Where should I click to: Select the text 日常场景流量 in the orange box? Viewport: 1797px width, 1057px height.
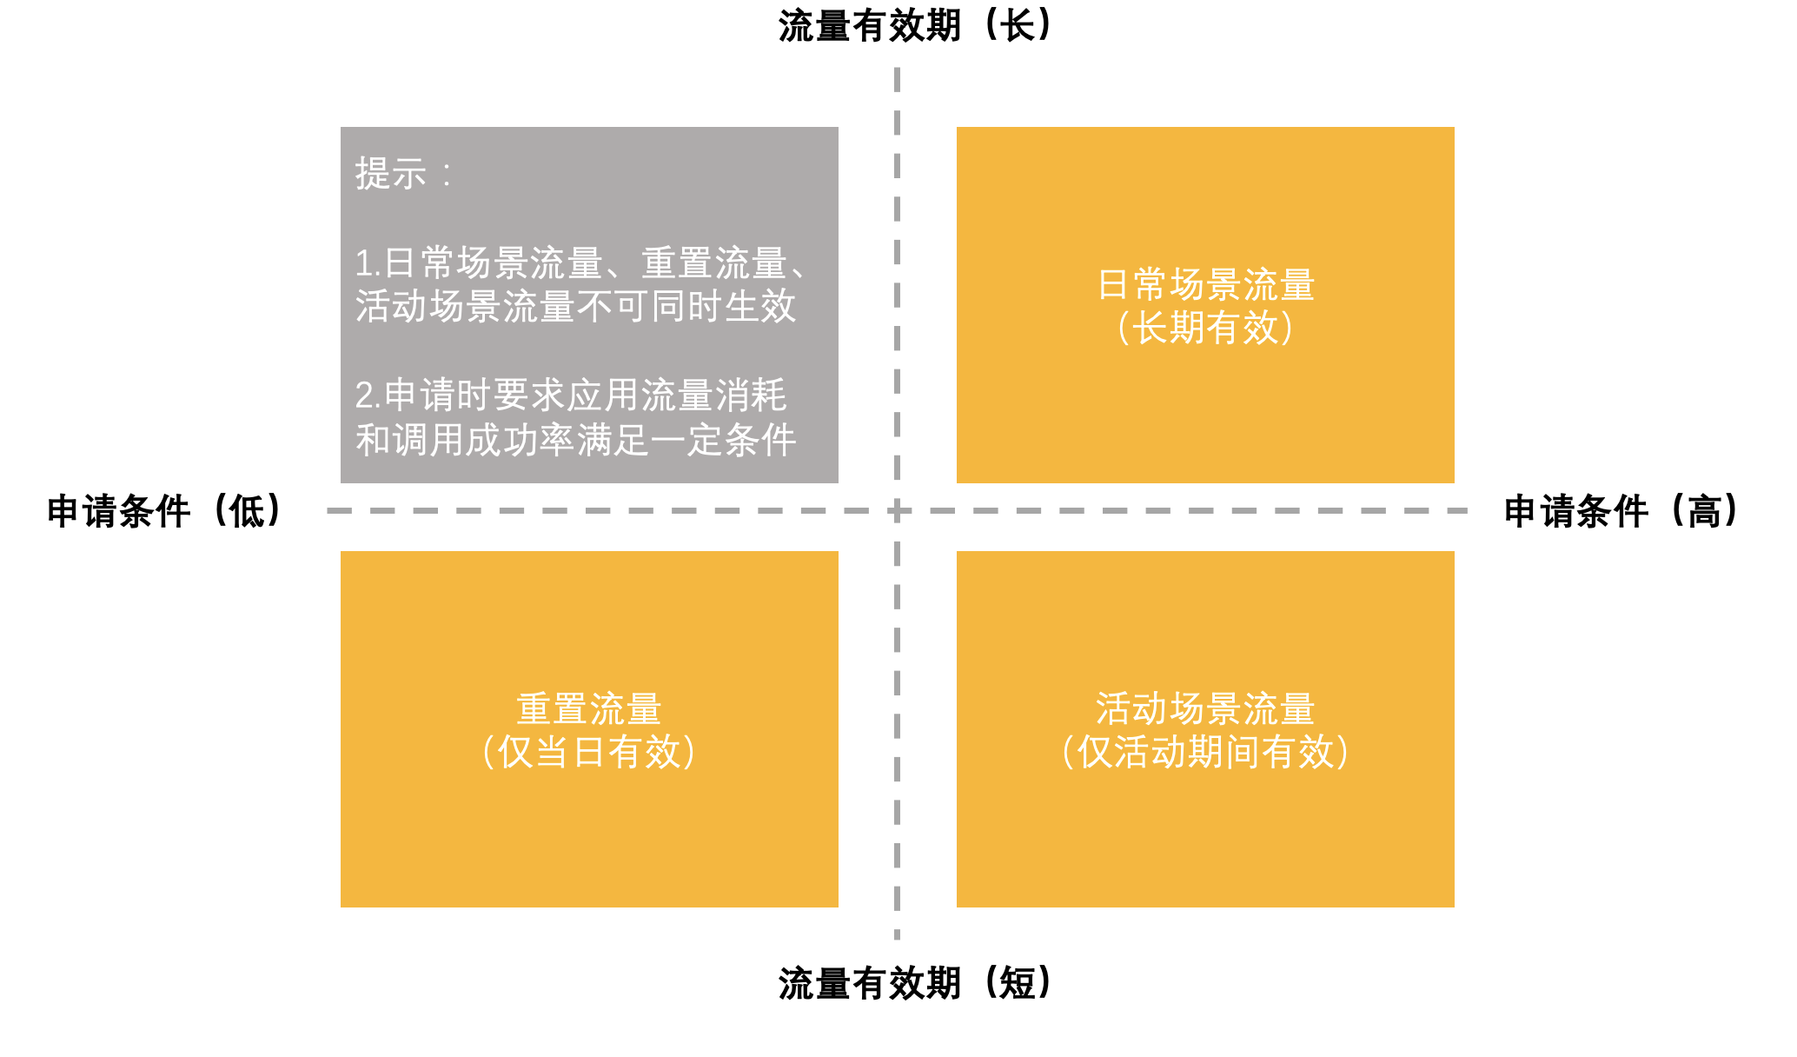(x=1206, y=285)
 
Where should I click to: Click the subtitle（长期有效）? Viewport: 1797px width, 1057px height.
(x=1206, y=328)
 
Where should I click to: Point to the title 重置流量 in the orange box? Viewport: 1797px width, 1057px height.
(x=589, y=709)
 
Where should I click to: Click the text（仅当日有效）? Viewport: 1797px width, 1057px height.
(x=589, y=752)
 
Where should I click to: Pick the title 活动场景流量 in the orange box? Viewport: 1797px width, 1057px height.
(x=1206, y=709)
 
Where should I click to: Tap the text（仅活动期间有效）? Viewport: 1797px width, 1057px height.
(x=1206, y=752)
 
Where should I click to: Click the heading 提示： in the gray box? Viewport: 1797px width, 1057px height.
(x=405, y=173)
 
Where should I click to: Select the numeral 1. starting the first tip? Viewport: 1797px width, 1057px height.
(x=368, y=263)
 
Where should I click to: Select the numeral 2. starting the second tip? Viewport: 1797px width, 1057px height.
(x=368, y=396)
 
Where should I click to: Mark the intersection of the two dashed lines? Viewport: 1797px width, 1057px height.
(x=897, y=511)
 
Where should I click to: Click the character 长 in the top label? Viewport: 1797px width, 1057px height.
(x=1018, y=26)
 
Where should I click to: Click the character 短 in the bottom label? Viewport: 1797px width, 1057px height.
(x=1018, y=984)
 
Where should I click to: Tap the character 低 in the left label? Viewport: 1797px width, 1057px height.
(x=247, y=511)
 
